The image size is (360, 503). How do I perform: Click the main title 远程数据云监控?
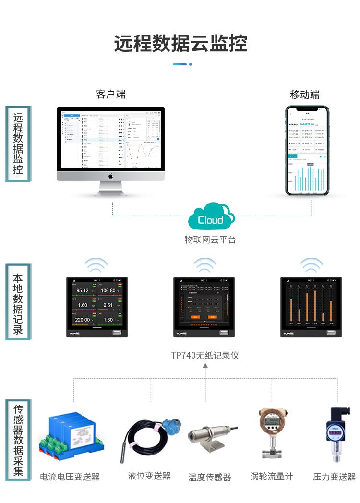(180, 44)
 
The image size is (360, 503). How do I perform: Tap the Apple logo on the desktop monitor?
(110, 176)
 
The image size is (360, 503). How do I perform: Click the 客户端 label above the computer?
(110, 94)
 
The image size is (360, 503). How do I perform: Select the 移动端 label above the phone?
(304, 95)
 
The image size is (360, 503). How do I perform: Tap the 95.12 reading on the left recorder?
(83, 291)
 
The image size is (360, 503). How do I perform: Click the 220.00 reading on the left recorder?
(82, 320)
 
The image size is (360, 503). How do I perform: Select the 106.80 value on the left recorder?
(108, 291)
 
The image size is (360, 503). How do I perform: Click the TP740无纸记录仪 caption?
(205, 356)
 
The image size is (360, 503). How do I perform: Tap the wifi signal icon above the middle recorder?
(205, 265)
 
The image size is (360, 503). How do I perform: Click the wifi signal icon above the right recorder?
(311, 265)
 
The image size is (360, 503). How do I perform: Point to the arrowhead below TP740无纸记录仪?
(205, 366)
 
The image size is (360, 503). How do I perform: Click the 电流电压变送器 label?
(70, 477)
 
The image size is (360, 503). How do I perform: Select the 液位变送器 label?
(149, 476)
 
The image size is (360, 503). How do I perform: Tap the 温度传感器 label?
(210, 477)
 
